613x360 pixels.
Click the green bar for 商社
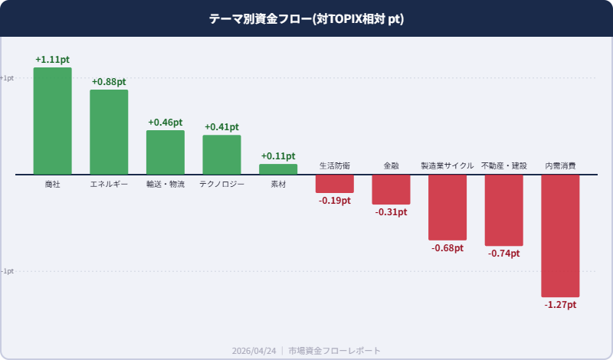[x=52, y=121]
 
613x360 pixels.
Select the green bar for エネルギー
[x=109, y=132]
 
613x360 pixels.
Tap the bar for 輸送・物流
[x=166, y=152]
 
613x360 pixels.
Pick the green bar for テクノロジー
[x=221, y=155]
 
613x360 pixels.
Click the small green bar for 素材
[x=278, y=169]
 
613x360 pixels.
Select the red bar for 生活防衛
[x=335, y=184]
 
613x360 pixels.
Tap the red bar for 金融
[x=391, y=189]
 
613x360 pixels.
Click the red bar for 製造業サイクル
[x=447, y=208]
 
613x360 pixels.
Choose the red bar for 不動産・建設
[x=504, y=211]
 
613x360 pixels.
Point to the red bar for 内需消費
[x=560, y=236]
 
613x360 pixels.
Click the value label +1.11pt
[x=52, y=60]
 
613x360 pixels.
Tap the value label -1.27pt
[x=560, y=305]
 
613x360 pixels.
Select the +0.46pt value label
[x=166, y=123]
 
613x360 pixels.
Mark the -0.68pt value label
[x=447, y=248]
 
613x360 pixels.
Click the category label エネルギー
[x=109, y=185]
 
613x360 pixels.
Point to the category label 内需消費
[x=560, y=165]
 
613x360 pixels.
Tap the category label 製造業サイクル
[x=447, y=165]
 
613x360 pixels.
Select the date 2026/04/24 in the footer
[x=254, y=350]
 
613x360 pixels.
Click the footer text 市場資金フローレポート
[x=334, y=350]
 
